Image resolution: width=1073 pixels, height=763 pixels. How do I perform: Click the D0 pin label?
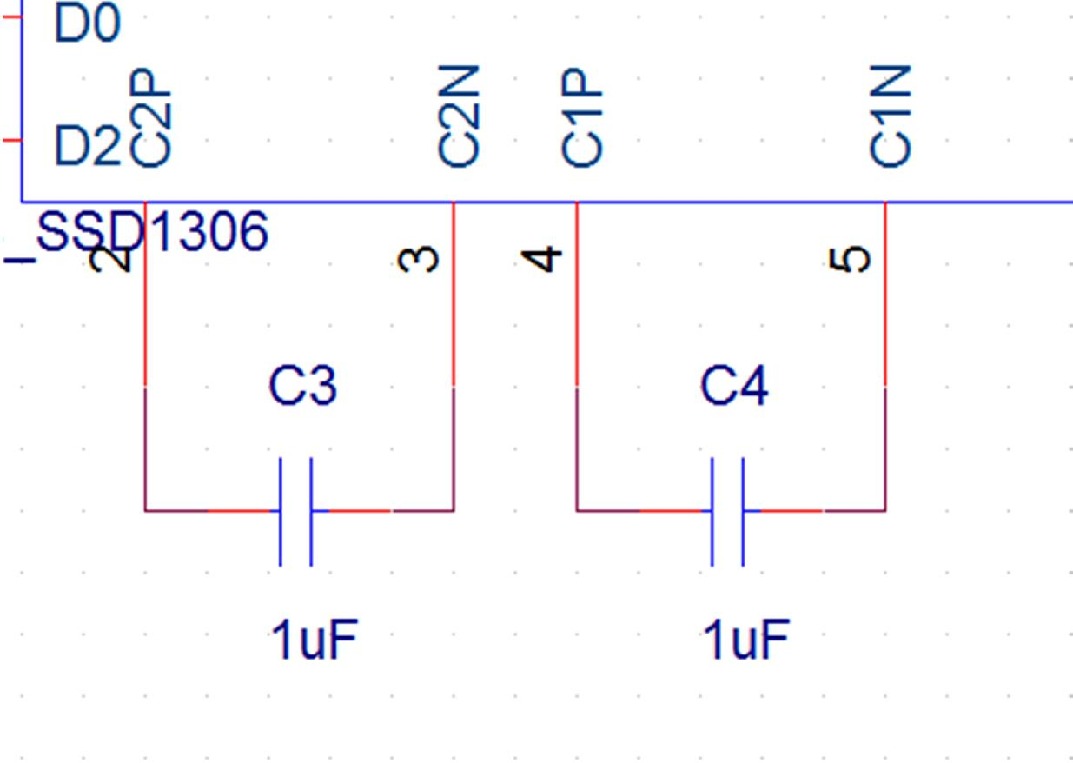(x=87, y=24)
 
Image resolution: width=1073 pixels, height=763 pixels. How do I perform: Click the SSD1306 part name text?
(x=151, y=233)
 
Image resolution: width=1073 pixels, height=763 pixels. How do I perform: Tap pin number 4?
(x=542, y=259)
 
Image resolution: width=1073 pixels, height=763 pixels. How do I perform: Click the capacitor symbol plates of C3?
(x=295, y=511)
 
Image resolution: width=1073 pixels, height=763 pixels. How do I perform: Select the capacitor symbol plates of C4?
(x=727, y=511)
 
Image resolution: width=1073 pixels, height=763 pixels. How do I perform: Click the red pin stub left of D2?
(x=10, y=139)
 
